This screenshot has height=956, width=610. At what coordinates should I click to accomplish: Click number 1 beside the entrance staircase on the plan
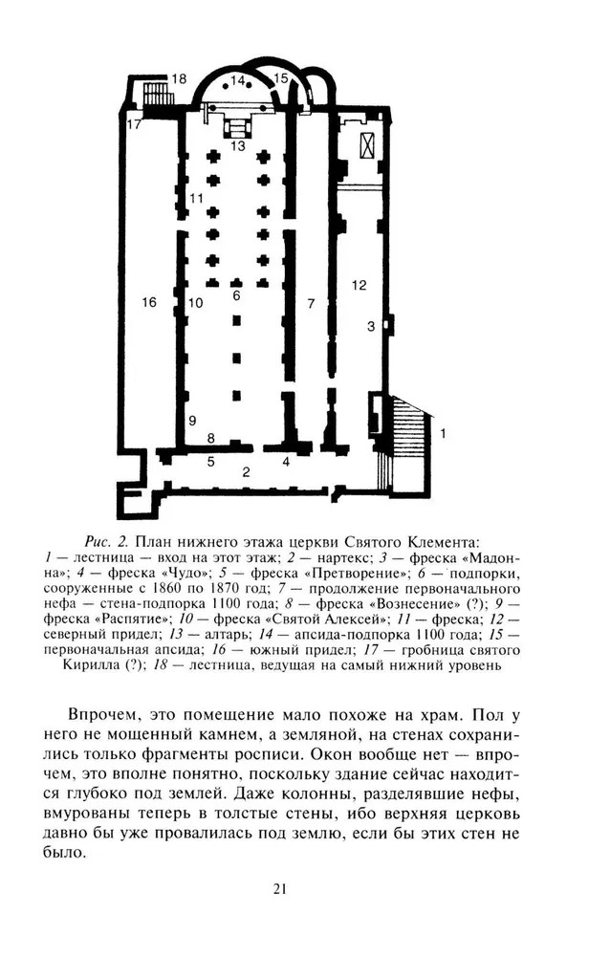[443, 433]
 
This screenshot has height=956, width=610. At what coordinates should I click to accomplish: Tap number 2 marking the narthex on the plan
[246, 471]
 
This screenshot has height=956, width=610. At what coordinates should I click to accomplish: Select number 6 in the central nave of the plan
[235, 296]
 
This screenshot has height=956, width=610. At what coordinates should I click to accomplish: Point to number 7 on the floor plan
[310, 303]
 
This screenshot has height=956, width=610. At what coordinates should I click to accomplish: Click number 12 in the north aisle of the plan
[359, 284]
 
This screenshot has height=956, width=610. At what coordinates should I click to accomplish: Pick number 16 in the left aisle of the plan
[148, 302]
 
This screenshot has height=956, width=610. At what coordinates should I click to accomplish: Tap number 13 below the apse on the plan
[237, 146]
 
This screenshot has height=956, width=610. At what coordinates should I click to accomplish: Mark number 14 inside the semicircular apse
[238, 80]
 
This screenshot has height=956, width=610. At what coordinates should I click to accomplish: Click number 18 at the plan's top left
[179, 78]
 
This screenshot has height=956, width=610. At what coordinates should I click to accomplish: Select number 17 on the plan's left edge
[135, 123]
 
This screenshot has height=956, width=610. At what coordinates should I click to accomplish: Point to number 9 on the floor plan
[192, 420]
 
